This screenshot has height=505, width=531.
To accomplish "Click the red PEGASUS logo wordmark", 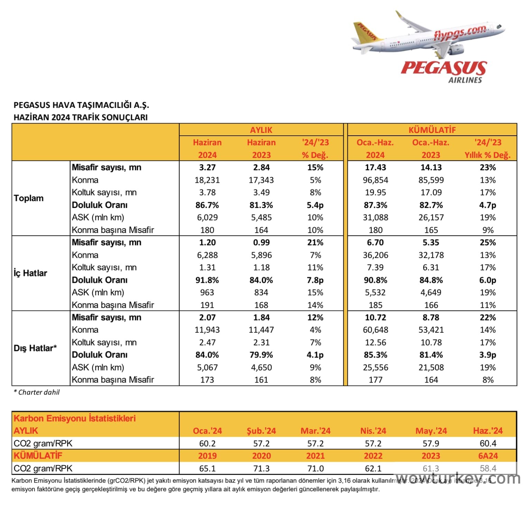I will coord(444,68).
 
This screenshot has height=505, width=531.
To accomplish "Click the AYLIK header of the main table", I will coord(261,130).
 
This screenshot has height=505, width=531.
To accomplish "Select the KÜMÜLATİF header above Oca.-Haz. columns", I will coord(432,130).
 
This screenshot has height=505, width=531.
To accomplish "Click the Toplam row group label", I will coord(29,198).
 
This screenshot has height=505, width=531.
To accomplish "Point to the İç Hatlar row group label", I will coord(30,273).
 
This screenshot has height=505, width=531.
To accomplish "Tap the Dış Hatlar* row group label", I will coord(35,348).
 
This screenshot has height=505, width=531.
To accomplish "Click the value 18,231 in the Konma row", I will coord(207,180).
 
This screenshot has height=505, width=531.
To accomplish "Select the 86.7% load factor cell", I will coord(207,205).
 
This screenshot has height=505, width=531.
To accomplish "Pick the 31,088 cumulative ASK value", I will coord(375,217).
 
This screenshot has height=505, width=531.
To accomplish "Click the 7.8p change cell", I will coord(315,280).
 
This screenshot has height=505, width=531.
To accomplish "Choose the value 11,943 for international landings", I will coord(207,330).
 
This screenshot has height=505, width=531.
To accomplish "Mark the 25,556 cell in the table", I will coord(375,367).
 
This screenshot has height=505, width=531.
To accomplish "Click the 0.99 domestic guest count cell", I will coord(261,242).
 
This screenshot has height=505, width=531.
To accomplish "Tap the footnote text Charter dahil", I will coord(37,392).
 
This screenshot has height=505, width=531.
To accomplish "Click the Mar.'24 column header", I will coord(315,431).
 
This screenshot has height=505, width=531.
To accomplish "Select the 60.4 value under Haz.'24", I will coord(488,443).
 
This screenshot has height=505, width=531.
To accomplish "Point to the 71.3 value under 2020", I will coord(261,468).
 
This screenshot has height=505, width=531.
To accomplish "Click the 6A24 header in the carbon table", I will coord(488,456).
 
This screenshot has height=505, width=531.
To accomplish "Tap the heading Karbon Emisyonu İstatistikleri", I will coord(75,418).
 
